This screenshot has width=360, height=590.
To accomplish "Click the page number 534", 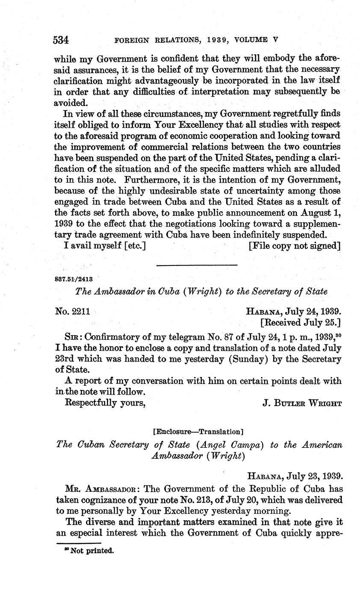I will pyautogui.click(x=61, y=40).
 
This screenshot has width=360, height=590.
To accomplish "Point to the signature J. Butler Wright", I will pyautogui.click(x=302, y=403).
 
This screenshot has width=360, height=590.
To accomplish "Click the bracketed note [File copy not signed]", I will pyautogui.click(x=294, y=246).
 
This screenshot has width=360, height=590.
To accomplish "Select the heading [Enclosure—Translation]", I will pyautogui.click(x=198, y=431).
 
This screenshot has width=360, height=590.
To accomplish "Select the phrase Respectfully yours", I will pyautogui.click(x=105, y=402).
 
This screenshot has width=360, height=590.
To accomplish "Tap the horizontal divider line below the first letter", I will pyautogui.click(x=197, y=265).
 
